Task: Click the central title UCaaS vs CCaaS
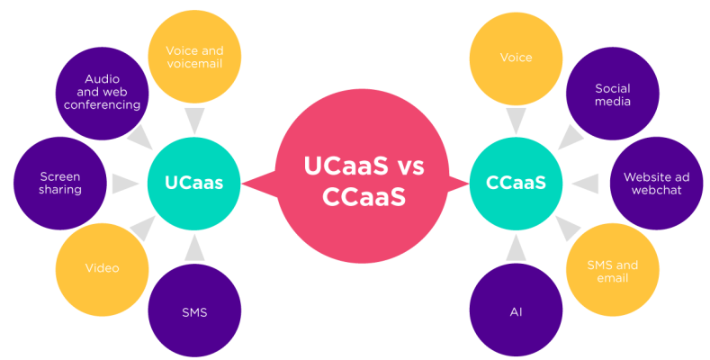click(x=364, y=181)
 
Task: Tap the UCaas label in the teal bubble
click(x=193, y=183)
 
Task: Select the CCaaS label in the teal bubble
click(x=516, y=183)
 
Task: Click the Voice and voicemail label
click(x=194, y=58)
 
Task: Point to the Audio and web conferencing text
click(x=102, y=92)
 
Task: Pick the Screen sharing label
click(x=60, y=183)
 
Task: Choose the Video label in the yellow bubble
click(x=102, y=268)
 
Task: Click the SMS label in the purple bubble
click(x=194, y=312)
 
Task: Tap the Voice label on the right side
click(x=516, y=58)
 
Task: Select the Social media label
click(x=612, y=94)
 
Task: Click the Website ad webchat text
click(x=652, y=184)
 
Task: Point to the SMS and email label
click(x=612, y=271)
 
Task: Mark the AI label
click(x=516, y=312)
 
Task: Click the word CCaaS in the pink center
click(x=364, y=196)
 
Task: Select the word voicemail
click(x=193, y=65)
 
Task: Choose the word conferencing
click(x=102, y=104)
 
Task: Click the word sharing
click(x=60, y=190)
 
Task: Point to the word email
click(x=612, y=278)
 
